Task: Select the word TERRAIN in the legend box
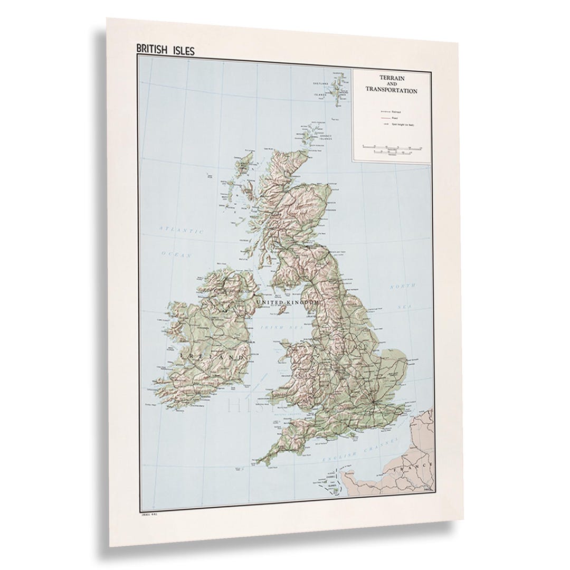(x=391, y=77)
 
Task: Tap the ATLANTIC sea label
(x=182, y=230)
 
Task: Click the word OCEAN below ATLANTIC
(x=175, y=254)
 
